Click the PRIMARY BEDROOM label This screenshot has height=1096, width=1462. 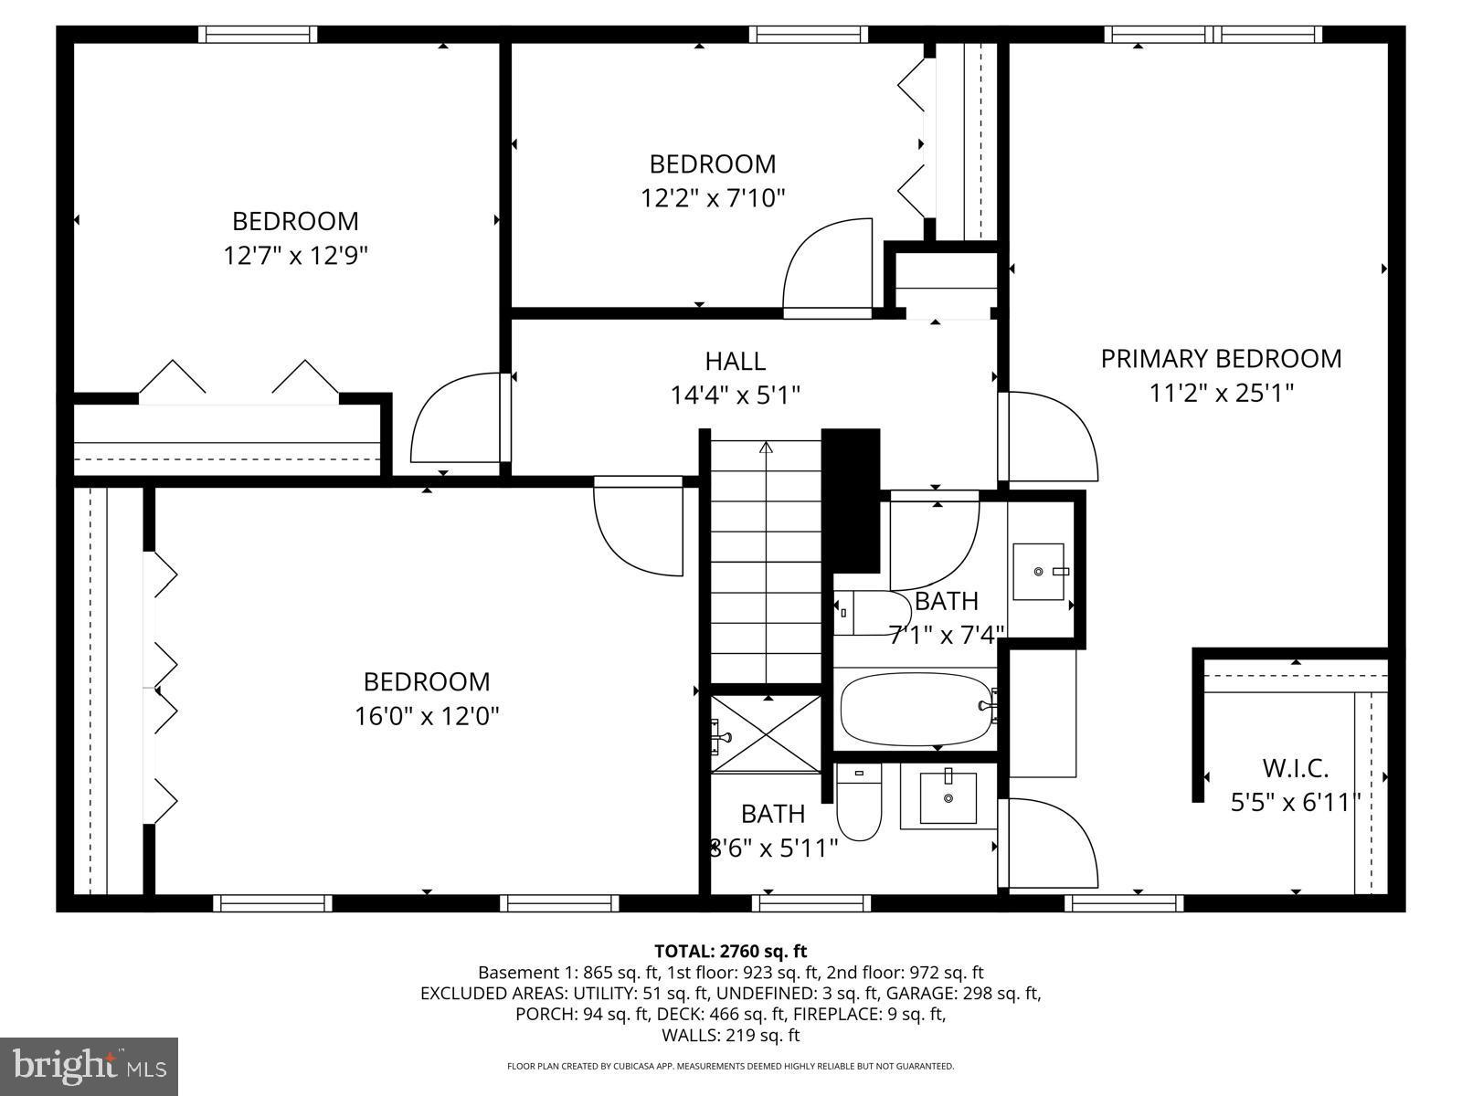1221,358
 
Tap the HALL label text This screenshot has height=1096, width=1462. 735,361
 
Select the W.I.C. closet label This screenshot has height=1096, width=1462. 1295,767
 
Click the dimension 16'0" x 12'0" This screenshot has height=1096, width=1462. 427,715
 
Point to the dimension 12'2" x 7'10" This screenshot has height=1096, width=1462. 713,197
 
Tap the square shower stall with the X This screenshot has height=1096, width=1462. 767,733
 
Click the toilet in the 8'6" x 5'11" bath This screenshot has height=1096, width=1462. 858,804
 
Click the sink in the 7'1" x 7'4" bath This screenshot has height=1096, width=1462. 1039,572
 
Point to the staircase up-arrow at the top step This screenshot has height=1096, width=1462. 766,448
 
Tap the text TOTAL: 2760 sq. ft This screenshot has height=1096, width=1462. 730,951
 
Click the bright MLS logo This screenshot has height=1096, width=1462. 89,1066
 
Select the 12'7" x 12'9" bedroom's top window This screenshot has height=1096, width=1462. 258,35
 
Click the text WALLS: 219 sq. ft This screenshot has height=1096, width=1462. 730,1035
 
